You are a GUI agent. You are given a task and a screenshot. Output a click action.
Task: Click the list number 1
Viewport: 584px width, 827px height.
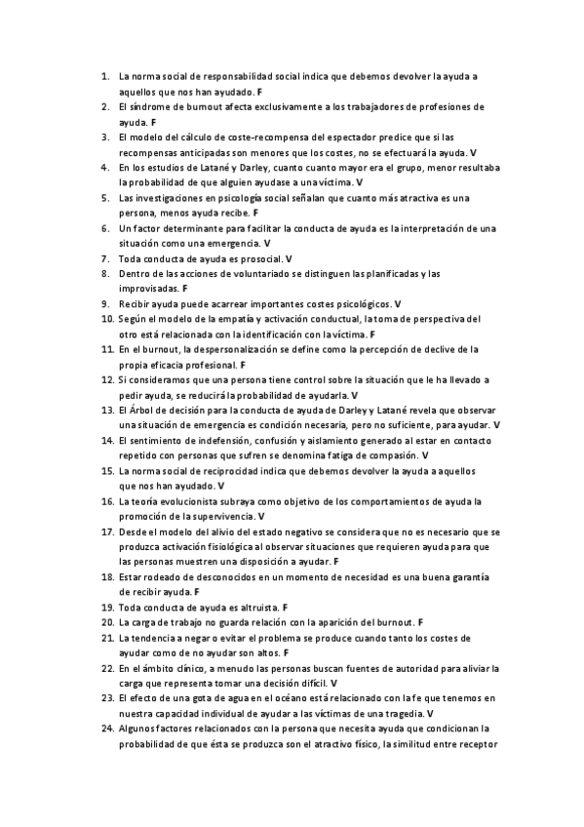point(104,75)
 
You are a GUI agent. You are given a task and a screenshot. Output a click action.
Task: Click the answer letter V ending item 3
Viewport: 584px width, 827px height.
point(473,152)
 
